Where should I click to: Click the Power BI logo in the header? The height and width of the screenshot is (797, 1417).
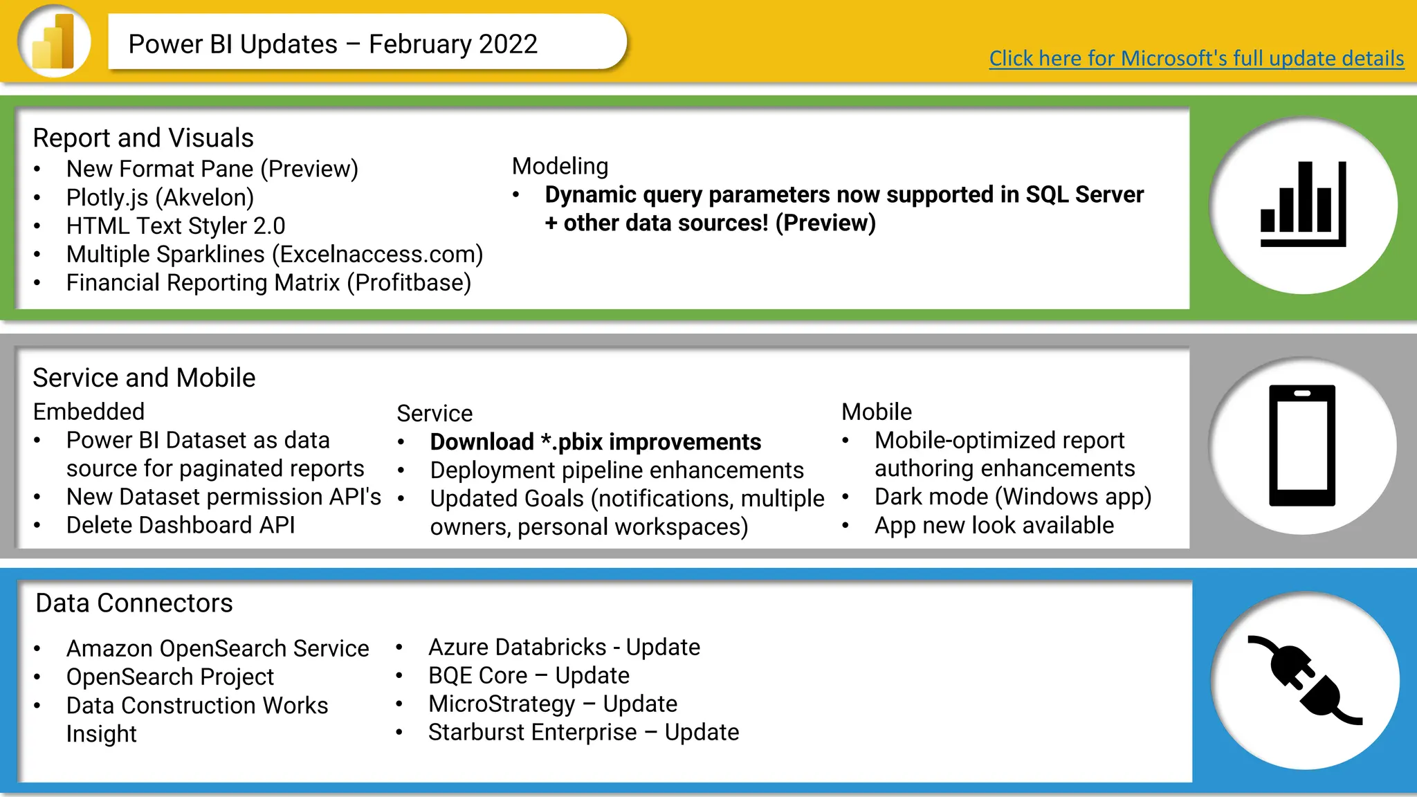coord(54,42)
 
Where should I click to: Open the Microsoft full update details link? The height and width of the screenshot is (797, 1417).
coord(1196,58)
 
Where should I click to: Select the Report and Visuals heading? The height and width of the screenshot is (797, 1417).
coord(143,138)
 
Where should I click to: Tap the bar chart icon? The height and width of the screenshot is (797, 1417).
coord(1303,205)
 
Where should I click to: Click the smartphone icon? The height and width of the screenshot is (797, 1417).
coord(1301,446)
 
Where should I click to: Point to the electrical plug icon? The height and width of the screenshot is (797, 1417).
coord(1304,680)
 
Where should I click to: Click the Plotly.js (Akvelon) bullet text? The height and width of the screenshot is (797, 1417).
coord(160,198)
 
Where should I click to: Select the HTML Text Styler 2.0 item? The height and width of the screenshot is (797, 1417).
coord(175,226)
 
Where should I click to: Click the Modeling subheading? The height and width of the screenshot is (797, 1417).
coord(560,166)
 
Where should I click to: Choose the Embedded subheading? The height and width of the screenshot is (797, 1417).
coord(89,412)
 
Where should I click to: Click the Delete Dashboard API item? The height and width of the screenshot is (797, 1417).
coord(180,525)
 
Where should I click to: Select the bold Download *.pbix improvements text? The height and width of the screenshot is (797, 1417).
coord(595,442)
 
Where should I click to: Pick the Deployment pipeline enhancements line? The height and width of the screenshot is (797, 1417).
coord(616,470)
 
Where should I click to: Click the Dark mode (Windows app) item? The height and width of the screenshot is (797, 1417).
coord(1012,497)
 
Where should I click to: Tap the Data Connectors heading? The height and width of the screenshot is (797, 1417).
coord(134,603)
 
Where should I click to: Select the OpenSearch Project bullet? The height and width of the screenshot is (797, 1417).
coord(170,677)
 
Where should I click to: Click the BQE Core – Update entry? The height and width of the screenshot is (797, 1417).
coord(529,675)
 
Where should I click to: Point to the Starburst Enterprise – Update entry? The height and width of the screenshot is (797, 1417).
coord(583,732)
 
